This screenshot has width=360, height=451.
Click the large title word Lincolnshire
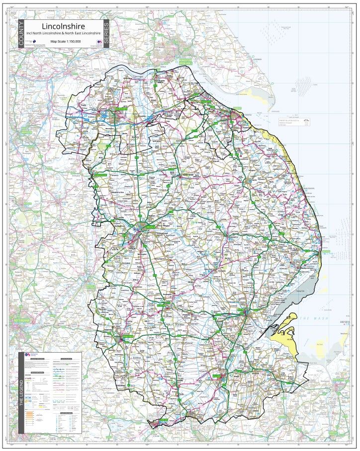pos(63,26)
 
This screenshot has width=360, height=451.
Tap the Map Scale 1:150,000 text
pos(63,42)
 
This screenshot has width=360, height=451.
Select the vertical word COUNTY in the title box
pos(20,34)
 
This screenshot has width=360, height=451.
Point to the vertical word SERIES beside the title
pos(106,34)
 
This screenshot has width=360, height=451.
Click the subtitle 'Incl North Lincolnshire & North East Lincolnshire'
pos(63,33)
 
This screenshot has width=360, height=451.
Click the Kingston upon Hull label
pos(185,62)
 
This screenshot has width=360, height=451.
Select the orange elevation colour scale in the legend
pos(29,415)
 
